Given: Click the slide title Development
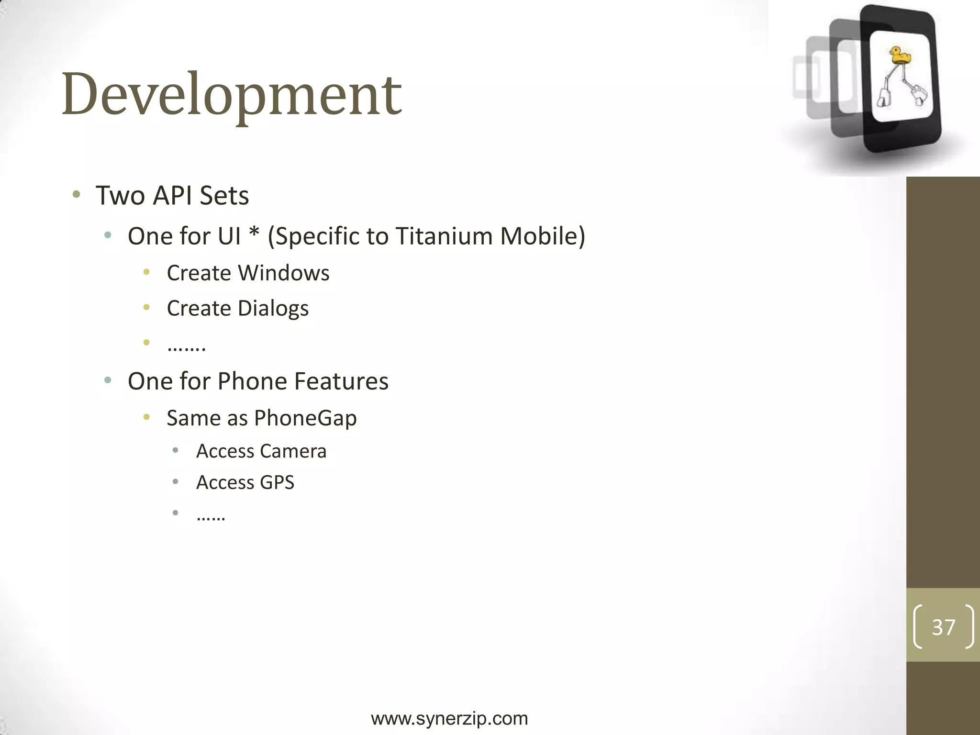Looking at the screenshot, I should point(232,94).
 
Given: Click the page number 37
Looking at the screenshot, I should point(943,627).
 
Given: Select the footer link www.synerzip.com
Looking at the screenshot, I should point(449,719).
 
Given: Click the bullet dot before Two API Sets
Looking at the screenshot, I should point(76,194).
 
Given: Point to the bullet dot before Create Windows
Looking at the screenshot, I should point(146,272).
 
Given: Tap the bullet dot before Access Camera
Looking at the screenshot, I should point(176,450).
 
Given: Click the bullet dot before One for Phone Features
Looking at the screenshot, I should point(108,380).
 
